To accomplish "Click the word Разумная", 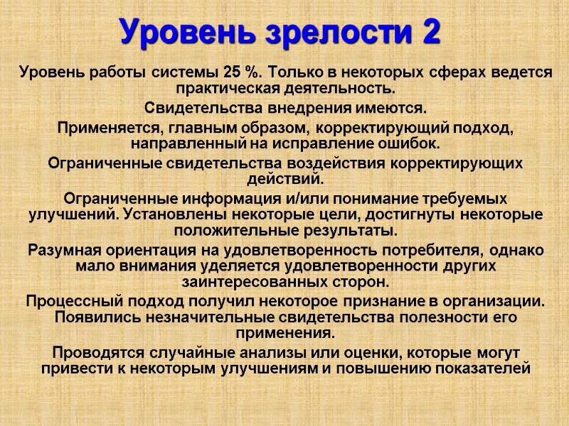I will click(63, 251).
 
